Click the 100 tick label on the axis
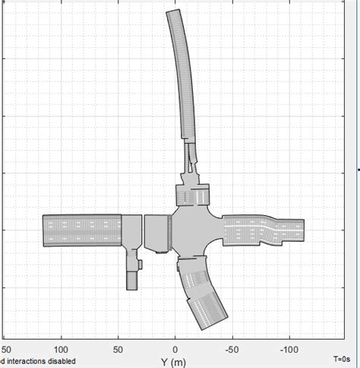61,350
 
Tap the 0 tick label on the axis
175,350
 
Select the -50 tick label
232,350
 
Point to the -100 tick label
289,350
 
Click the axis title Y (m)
173,363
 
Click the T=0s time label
342,359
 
